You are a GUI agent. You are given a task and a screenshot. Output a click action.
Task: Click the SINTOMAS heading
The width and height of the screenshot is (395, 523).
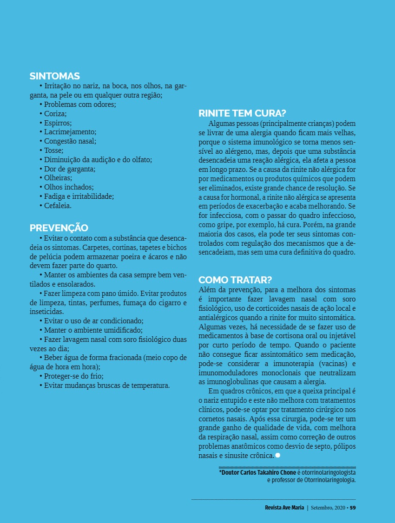tap(55, 76)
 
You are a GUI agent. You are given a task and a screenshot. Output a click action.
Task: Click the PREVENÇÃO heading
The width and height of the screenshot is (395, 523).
tap(59, 228)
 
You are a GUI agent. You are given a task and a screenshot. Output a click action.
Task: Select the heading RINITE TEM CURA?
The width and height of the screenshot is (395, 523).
tap(242, 113)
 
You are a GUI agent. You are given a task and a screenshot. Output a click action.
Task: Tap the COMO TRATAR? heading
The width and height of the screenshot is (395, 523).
tap(235, 280)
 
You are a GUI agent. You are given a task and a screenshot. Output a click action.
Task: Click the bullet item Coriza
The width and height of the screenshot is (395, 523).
tap(55, 113)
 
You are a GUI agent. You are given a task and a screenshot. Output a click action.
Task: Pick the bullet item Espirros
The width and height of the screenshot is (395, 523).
tap(57, 123)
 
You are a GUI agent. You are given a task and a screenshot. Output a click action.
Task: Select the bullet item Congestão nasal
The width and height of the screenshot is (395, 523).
tap(70, 141)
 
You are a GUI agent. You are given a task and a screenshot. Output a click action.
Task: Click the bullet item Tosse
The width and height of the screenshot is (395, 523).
tap(53, 150)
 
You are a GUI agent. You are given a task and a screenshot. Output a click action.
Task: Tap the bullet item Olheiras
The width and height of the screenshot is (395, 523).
tap(58, 177)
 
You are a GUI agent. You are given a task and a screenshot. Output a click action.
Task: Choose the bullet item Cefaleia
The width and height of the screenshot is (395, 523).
tap(57, 205)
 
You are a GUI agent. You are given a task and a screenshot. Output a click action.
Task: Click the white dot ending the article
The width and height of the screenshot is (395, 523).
tap(277, 455)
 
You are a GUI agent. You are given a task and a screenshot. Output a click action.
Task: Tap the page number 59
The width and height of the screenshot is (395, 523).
tap(353, 507)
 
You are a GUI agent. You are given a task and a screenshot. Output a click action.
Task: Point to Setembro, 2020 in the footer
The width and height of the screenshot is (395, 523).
tap(328, 507)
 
